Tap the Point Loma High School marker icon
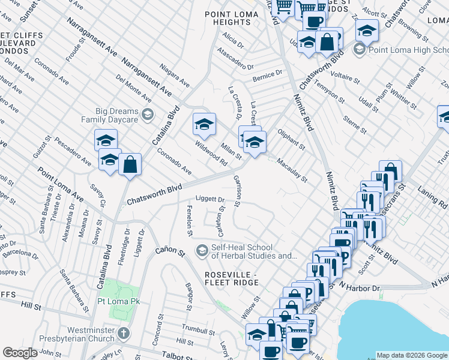[360, 49]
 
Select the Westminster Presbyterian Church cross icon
[123, 333]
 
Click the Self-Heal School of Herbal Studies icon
[202, 249]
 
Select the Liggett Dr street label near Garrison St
[210, 200]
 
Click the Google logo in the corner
[20, 353]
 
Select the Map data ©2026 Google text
[411, 355]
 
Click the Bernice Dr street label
[267, 74]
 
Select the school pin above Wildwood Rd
[204, 124]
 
